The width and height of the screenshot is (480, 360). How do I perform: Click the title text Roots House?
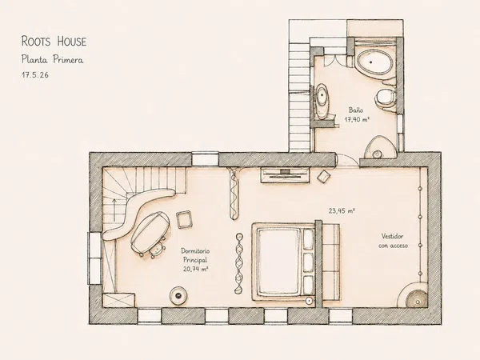(x=54, y=42)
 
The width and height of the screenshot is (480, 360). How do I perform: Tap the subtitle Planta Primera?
(x=52, y=59)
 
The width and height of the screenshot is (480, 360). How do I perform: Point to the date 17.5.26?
(x=35, y=75)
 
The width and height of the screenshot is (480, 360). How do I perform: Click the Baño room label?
(x=356, y=110)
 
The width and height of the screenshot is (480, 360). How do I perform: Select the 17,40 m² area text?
(x=357, y=119)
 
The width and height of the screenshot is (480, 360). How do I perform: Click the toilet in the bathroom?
(x=386, y=98)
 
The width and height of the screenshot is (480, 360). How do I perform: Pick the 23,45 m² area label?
(x=342, y=210)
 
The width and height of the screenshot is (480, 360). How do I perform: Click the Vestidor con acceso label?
(x=393, y=241)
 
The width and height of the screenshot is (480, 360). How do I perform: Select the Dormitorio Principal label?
(x=195, y=255)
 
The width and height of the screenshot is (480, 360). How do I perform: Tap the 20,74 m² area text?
(x=196, y=269)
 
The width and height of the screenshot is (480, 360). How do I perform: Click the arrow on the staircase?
(x=114, y=210)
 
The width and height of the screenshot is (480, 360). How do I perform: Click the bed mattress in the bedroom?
(x=278, y=261)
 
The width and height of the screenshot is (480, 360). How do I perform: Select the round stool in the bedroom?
(x=178, y=295)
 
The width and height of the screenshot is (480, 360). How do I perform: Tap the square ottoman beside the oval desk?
(x=185, y=219)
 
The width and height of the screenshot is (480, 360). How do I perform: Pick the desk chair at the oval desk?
(x=157, y=248)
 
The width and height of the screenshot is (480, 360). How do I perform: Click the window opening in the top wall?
(x=205, y=159)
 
